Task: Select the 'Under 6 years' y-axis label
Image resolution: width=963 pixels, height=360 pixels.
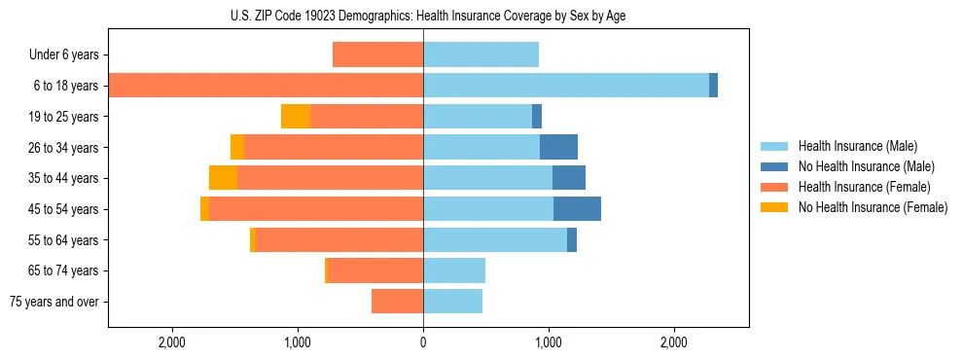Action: [64, 54]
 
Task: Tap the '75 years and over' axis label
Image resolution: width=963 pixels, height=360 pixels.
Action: [54, 302]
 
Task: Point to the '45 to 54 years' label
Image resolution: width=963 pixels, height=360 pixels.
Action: [63, 209]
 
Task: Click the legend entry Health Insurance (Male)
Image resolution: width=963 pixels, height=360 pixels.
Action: [857, 146]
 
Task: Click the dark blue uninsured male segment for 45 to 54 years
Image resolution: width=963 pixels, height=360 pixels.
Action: [577, 209]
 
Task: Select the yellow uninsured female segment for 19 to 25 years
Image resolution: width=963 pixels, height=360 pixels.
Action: [296, 117]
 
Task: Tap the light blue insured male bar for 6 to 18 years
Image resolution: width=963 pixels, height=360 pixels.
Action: [566, 86]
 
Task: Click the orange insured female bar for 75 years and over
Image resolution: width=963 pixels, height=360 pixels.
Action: [397, 302]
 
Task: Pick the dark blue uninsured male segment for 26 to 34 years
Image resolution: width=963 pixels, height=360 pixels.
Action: [558, 147]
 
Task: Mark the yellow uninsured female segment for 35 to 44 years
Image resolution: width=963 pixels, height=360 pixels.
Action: [223, 178]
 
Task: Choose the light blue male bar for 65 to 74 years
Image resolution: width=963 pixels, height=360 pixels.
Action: [454, 270]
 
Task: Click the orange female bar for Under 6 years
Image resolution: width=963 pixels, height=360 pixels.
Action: [377, 54]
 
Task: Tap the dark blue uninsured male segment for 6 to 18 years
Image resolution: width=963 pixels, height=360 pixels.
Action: [713, 86]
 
